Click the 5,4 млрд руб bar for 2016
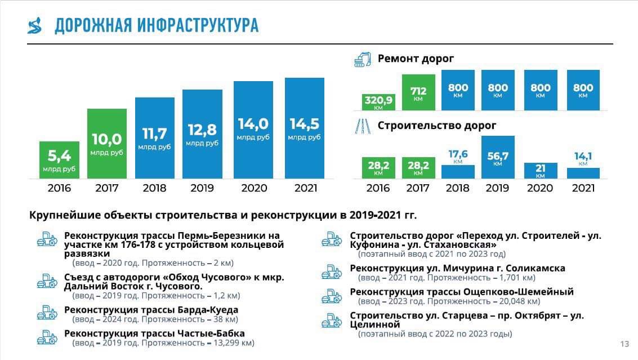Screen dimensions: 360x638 tap(59, 159)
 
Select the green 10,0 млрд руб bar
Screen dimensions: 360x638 tap(107, 144)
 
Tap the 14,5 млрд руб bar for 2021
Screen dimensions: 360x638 tap(305, 128)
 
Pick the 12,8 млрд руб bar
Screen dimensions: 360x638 tap(203, 136)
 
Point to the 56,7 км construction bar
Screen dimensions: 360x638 tap(498, 157)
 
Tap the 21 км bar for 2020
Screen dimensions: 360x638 tap(541, 171)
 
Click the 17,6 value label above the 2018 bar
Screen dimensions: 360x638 tap(458, 154)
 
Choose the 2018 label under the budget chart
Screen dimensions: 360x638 tap(155, 188)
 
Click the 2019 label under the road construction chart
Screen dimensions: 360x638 tap(498, 188)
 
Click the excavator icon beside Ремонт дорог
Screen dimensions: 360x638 tap(363, 59)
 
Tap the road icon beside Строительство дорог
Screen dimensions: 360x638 tap(362, 126)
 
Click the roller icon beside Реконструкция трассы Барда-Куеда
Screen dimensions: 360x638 tap(47, 312)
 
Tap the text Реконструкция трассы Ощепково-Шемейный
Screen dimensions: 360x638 tap(462, 292)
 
